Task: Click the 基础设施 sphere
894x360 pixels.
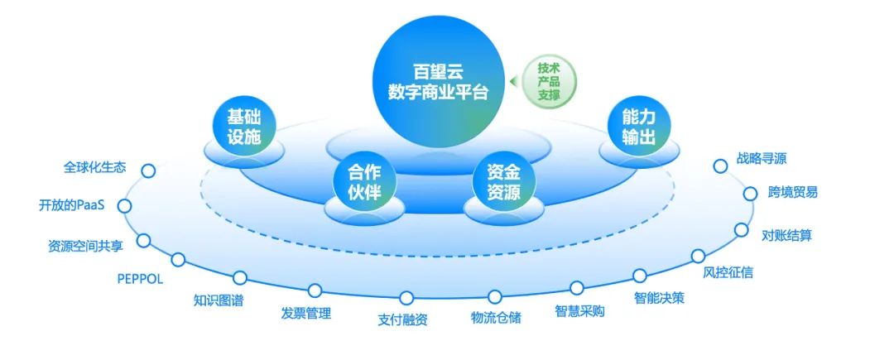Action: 244,127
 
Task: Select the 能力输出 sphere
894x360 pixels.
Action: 638,127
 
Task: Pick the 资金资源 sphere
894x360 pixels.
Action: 504,184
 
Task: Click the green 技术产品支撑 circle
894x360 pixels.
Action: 549,81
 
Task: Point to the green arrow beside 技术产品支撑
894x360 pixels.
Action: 514,81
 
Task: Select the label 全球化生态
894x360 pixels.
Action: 94,167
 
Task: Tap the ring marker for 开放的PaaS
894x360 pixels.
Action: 124,206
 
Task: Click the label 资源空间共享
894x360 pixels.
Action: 85,246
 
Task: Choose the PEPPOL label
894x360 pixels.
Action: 140,279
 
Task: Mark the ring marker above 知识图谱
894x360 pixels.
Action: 240,277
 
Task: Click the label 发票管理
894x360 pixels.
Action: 305,313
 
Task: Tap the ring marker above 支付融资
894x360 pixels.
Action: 406,298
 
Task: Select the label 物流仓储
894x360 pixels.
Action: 496,317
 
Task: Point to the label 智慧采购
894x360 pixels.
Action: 579,311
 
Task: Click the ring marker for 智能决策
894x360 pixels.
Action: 640,276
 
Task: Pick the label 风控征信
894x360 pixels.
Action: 728,272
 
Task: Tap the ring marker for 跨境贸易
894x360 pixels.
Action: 750,194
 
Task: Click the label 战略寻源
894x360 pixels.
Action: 762,158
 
